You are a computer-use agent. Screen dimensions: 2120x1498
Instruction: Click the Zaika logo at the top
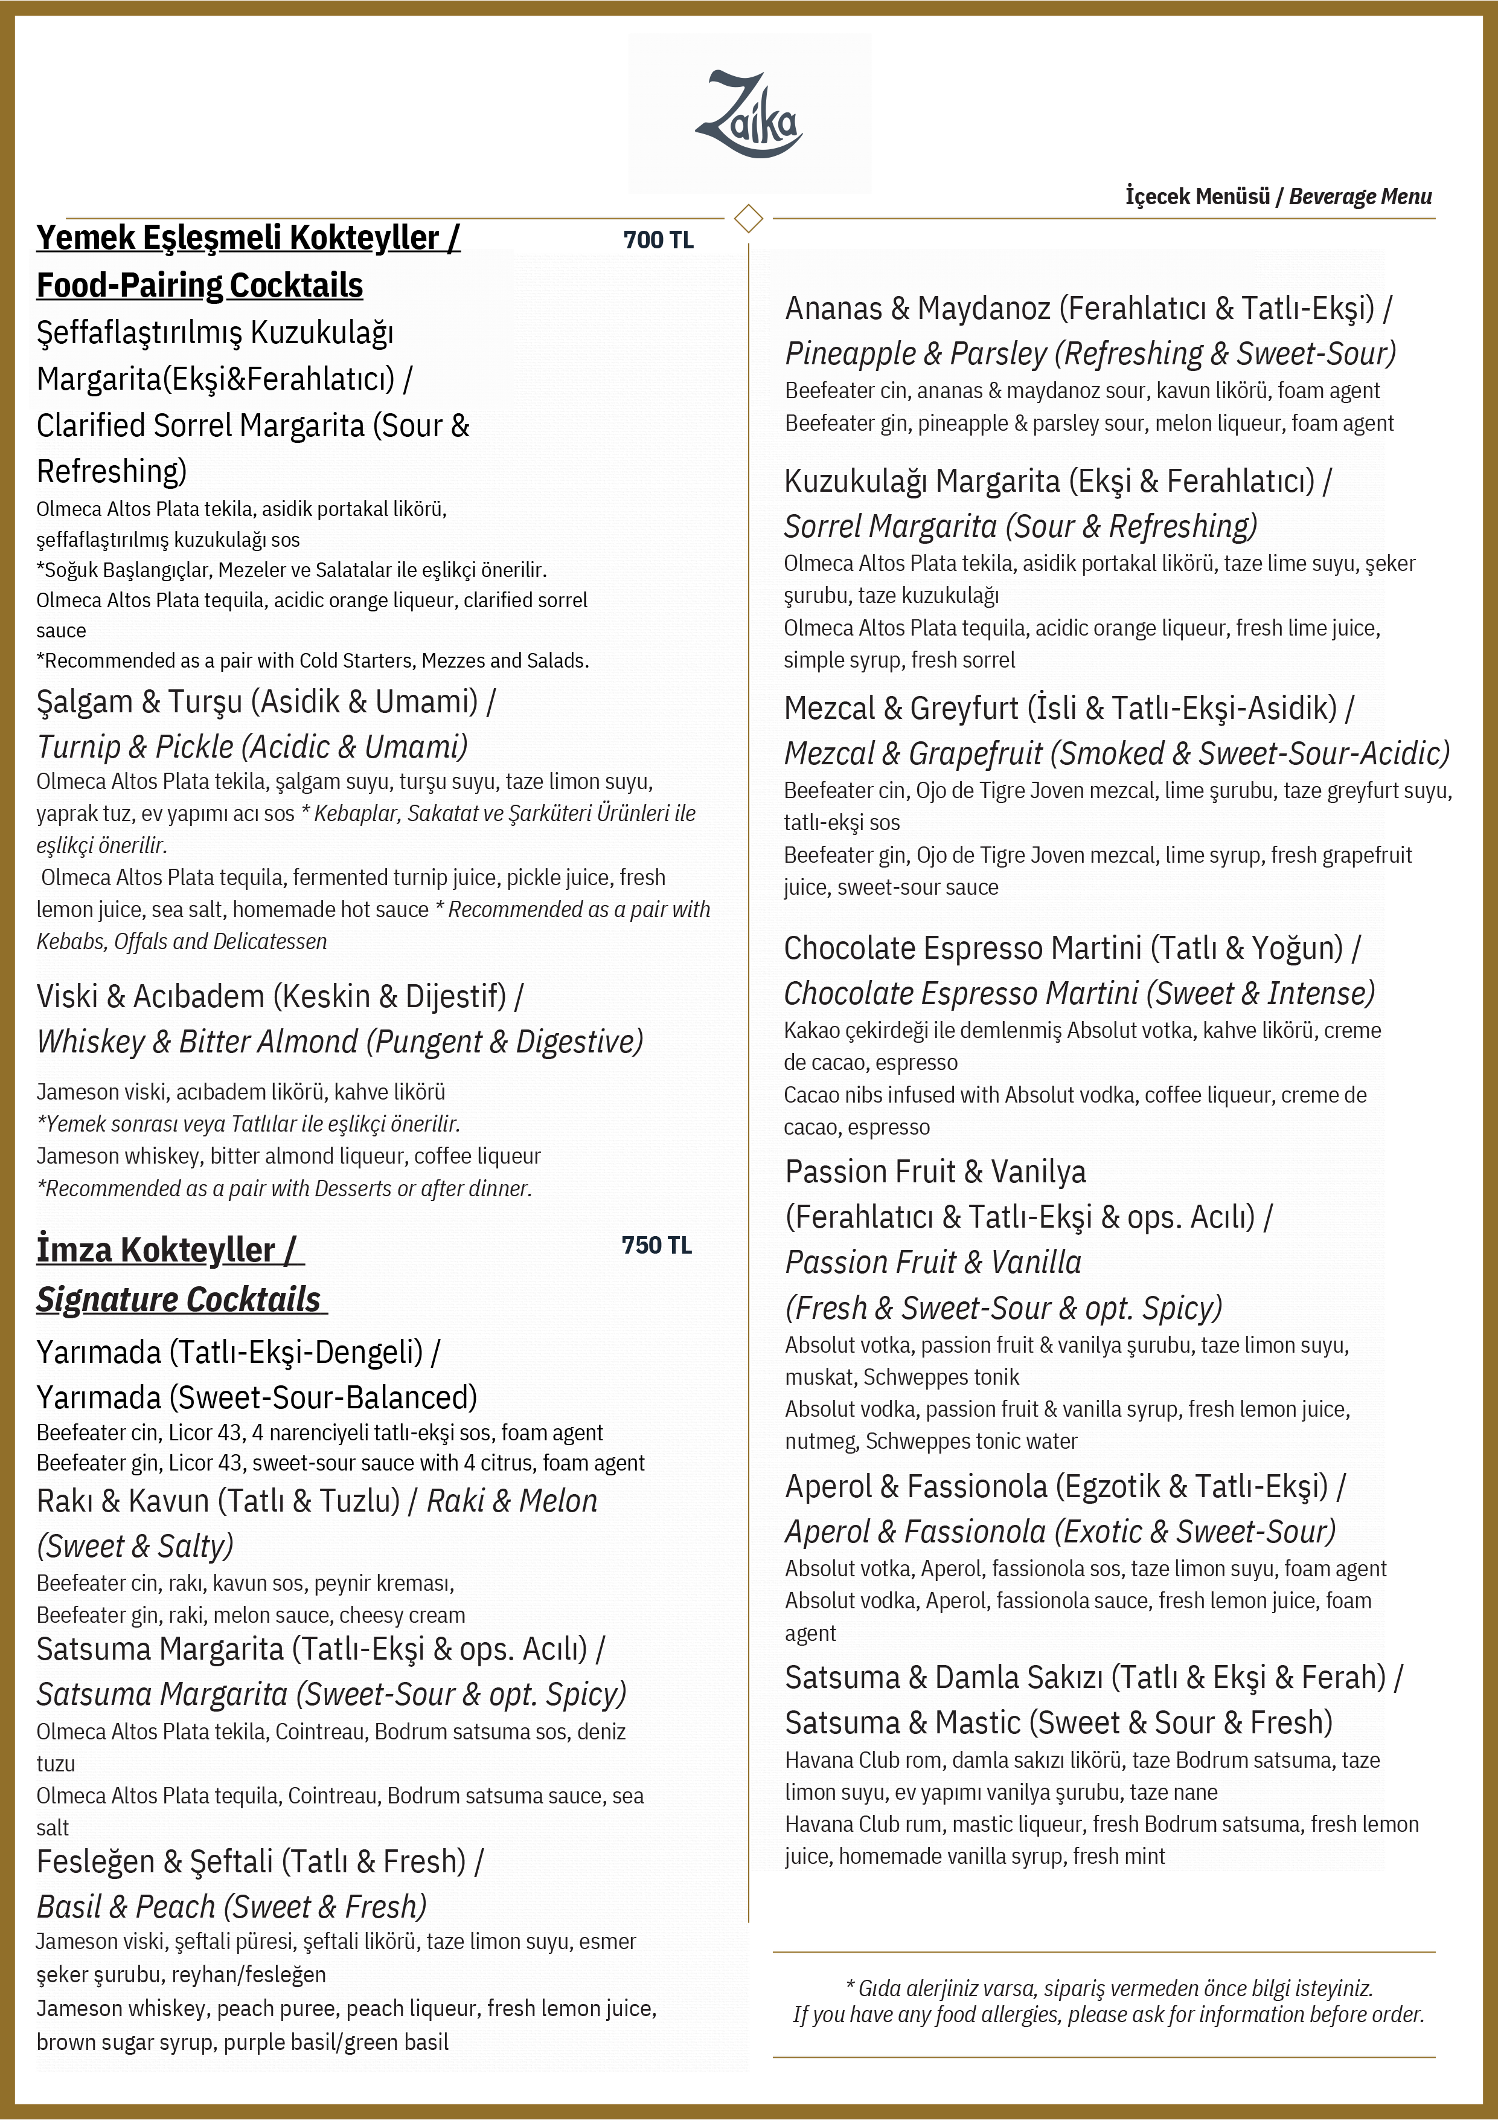click(x=749, y=115)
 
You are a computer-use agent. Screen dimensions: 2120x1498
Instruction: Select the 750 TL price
click(x=656, y=1246)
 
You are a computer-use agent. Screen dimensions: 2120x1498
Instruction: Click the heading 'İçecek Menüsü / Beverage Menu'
click(x=1278, y=197)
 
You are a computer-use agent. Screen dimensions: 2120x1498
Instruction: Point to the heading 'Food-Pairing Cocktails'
click(x=199, y=285)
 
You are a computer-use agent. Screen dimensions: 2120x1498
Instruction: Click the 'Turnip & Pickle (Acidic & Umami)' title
click(x=252, y=746)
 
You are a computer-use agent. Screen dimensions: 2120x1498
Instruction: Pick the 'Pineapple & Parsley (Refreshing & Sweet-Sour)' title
click(x=1090, y=353)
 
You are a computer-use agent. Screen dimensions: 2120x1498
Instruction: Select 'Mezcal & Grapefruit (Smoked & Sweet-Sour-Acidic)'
click(x=1116, y=753)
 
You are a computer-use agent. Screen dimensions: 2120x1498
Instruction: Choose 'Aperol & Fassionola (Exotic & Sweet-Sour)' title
click(x=1060, y=1532)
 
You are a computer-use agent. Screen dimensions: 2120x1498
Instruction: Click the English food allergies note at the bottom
click(x=1107, y=2015)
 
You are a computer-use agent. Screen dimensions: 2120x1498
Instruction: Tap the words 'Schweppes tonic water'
click(x=971, y=1442)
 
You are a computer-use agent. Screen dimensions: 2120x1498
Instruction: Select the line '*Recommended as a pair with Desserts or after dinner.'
click(x=284, y=1188)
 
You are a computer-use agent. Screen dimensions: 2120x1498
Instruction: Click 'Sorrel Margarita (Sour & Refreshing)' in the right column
click(x=1020, y=526)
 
